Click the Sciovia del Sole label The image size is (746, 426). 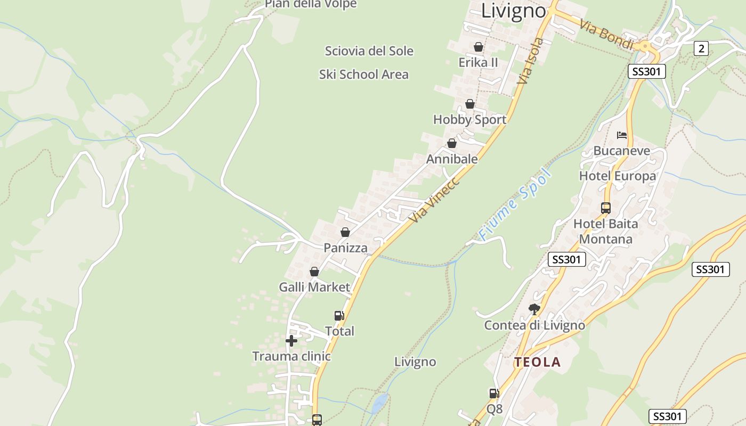pyautogui.click(x=369, y=51)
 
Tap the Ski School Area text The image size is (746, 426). pyautogui.click(x=363, y=75)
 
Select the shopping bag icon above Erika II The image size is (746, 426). pyautogui.click(x=479, y=47)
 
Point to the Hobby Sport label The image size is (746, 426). pyautogui.click(x=469, y=120)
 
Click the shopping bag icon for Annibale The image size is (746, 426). pyautogui.click(x=452, y=143)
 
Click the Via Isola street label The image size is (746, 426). pyautogui.click(x=531, y=61)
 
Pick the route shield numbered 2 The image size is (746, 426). pyautogui.click(x=701, y=48)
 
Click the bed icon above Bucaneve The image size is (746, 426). pyautogui.click(x=621, y=135)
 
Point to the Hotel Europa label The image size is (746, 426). pyautogui.click(x=618, y=176)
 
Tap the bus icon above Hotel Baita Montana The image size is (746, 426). pyautogui.click(x=606, y=208)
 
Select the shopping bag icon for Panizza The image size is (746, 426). pyautogui.click(x=345, y=232)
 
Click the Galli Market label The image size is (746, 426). pyautogui.click(x=314, y=288)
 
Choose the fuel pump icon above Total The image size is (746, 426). pyautogui.click(x=339, y=316)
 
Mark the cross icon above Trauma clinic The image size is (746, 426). pyautogui.click(x=291, y=341)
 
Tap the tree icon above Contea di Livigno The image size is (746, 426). pyautogui.click(x=534, y=309)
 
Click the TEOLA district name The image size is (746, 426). pyautogui.click(x=537, y=363)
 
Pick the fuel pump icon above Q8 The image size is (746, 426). pyautogui.click(x=494, y=394)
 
